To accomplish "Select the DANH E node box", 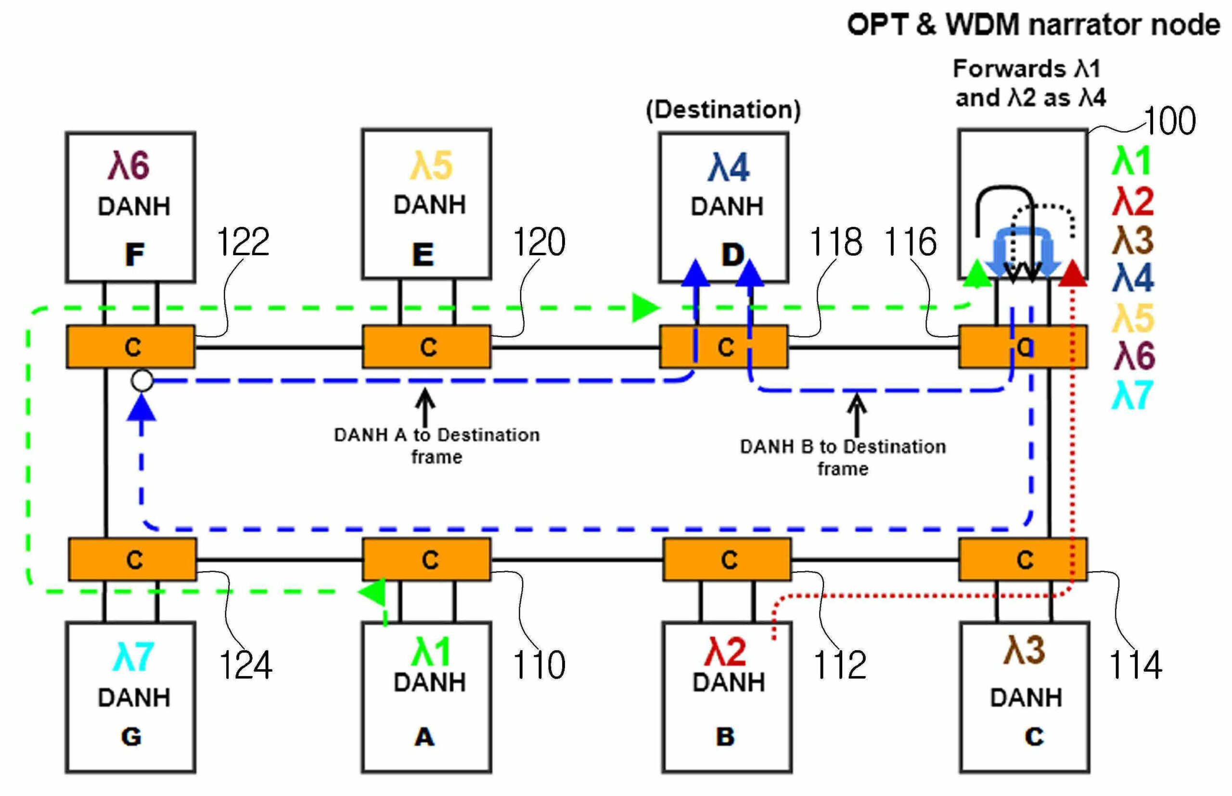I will click(426, 204).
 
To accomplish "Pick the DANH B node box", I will click(726, 698).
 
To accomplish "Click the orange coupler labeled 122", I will click(131, 347).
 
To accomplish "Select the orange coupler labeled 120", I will click(426, 347).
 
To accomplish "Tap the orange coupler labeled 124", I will click(132, 560).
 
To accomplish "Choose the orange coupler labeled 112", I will click(726, 560).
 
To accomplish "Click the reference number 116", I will click(910, 242).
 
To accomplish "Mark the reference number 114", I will click(1135, 665).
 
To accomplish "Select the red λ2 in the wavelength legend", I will click(1132, 202).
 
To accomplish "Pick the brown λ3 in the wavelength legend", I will click(1132, 240).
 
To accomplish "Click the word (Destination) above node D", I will click(723, 110).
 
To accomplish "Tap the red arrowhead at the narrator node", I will click(1072, 273).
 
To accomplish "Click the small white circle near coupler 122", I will click(142, 381).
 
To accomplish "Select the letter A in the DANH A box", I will click(424, 737).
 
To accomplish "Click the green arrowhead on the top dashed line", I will click(646, 308).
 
